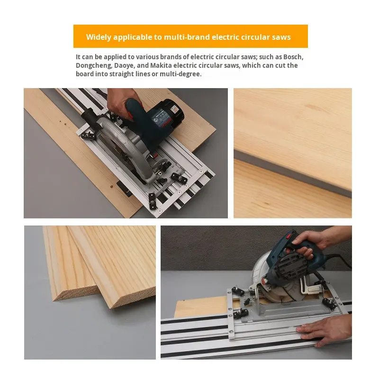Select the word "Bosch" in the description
[x=293, y=57]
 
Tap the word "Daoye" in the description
[x=123, y=66]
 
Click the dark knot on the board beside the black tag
[x=112, y=187]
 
